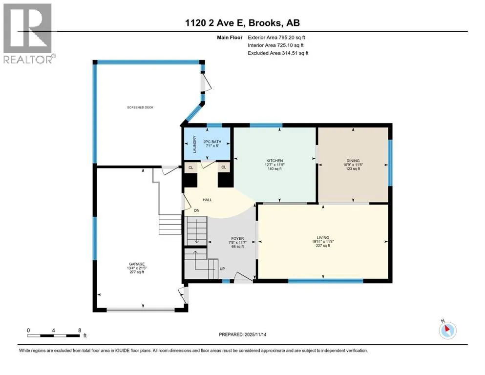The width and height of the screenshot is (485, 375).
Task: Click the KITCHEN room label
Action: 274,161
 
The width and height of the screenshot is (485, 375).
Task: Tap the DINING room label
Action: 353,161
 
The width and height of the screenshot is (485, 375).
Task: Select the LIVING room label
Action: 323,238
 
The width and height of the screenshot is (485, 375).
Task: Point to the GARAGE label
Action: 137,264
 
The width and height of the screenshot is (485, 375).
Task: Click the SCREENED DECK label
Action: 140,107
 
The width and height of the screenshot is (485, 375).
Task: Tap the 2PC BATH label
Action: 212,142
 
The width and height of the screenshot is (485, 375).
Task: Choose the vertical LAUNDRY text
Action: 195,144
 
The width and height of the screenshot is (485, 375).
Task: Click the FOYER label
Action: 237,239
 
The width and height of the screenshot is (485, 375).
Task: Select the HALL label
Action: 207,200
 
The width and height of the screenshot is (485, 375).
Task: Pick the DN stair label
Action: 197,210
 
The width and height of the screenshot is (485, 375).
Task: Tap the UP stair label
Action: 222,269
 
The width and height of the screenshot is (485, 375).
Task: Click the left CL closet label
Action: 191,167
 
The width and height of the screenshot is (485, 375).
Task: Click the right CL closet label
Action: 224,167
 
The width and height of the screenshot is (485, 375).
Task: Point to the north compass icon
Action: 447,331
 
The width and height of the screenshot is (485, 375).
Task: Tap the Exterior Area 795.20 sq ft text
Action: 276,38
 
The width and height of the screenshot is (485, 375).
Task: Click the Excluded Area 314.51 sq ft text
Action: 278,53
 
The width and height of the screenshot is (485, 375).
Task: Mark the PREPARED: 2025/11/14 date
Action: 242,334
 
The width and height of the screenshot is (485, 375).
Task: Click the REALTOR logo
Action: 29,34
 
